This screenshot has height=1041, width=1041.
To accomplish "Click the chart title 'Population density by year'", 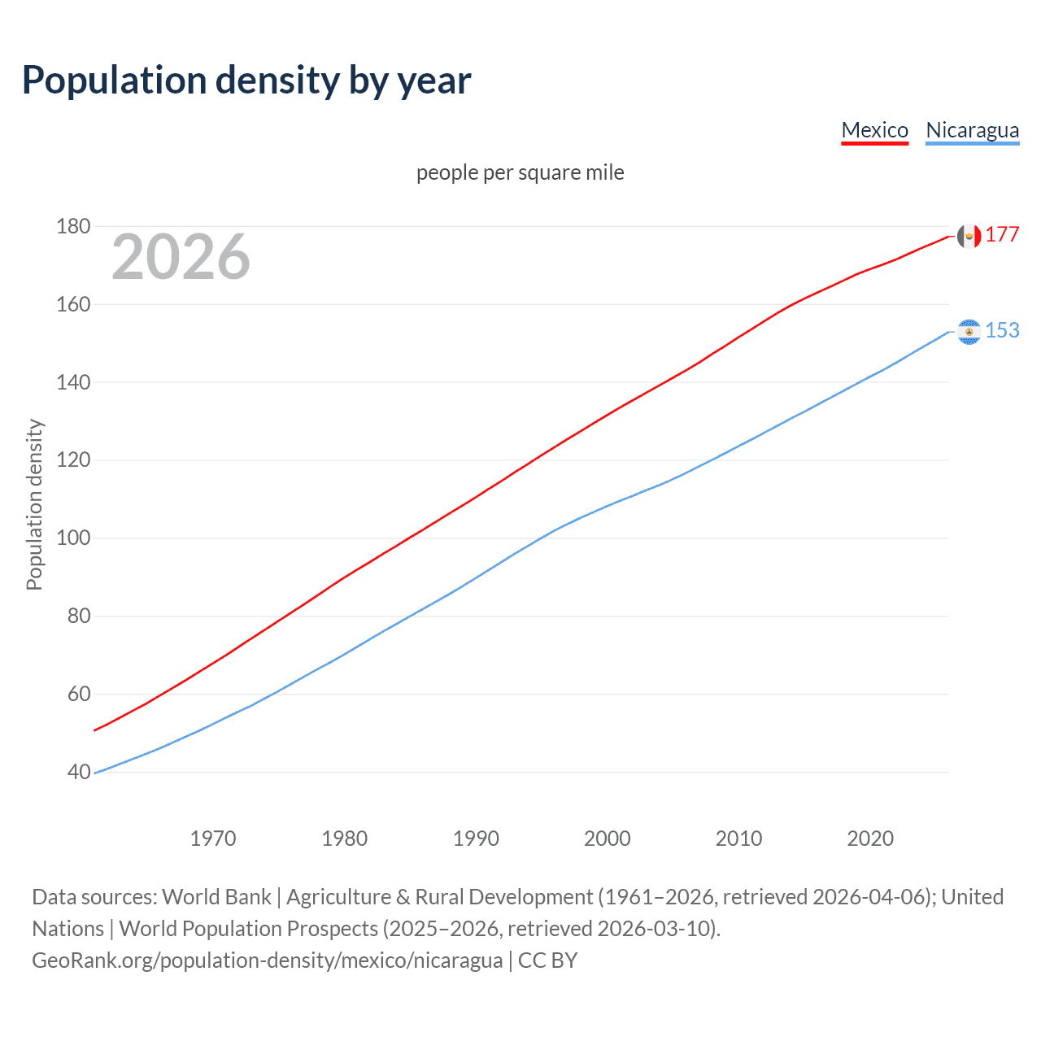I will (246, 81).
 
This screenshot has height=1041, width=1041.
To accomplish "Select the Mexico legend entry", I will (874, 130).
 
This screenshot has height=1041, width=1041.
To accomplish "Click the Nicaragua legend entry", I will (972, 130).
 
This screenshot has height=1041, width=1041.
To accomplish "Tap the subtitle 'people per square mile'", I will (520, 172).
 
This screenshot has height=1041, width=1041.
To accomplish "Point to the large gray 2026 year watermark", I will (181, 257).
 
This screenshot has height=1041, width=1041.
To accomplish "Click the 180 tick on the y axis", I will (73, 226).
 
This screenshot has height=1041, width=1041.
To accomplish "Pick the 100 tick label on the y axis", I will (73, 538).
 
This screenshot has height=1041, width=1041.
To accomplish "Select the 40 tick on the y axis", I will (79, 772).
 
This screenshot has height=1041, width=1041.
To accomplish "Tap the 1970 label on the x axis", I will (213, 838).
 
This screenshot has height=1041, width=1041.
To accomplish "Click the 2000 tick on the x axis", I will (608, 838).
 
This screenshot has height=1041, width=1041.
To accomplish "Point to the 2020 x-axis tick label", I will (870, 838).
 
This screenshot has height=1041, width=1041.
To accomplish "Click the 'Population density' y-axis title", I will (34, 504).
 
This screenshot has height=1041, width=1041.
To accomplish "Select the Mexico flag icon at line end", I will (969, 236).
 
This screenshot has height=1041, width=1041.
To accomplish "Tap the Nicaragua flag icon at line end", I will (969, 332).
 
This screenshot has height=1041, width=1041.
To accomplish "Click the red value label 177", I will (1002, 235).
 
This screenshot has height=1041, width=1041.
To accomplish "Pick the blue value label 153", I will (1002, 330).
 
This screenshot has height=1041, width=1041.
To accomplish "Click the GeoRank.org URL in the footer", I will (267, 960).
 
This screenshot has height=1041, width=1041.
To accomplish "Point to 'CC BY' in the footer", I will (547, 960).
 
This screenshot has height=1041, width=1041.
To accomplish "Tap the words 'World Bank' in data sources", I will (216, 897).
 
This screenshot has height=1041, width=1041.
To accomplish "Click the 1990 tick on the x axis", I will (476, 838).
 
